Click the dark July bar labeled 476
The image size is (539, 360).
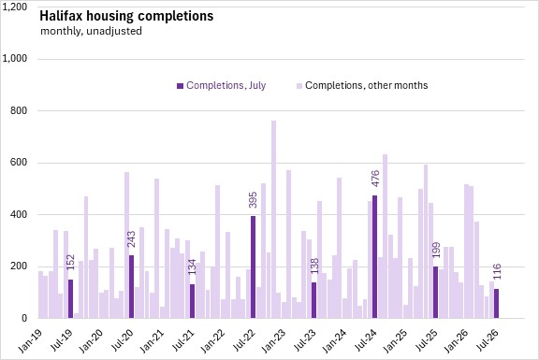(374, 257)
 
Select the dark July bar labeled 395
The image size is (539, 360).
(253, 267)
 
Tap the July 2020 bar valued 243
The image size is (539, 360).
(131, 287)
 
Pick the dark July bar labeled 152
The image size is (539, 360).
(70, 299)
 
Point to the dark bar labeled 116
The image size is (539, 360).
(496, 304)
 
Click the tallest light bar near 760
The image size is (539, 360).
(273, 220)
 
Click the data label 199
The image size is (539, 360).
(435, 250)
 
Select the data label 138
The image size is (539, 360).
(314, 266)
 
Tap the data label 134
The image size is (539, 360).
(193, 266)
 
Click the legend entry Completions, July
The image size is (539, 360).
(221, 85)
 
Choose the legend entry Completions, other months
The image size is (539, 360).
(362, 85)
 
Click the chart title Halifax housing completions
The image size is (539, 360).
(126, 16)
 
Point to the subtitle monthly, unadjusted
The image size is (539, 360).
(91, 31)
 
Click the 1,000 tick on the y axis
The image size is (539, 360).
(14, 59)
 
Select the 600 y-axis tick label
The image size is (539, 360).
(19, 163)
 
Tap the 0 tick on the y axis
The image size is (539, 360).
(24, 319)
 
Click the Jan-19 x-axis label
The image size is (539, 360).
(30, 340)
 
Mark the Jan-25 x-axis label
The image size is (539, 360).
(395, 340)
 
